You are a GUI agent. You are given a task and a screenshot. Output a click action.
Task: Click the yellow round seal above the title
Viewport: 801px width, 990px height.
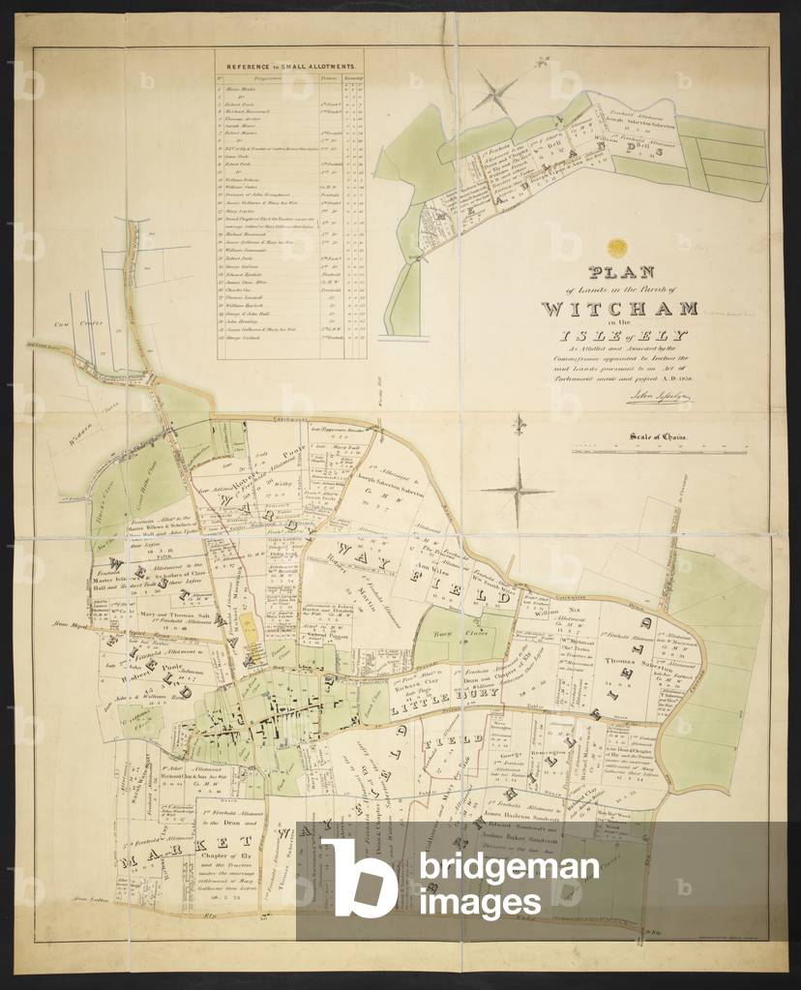click(x=618, y=248)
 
